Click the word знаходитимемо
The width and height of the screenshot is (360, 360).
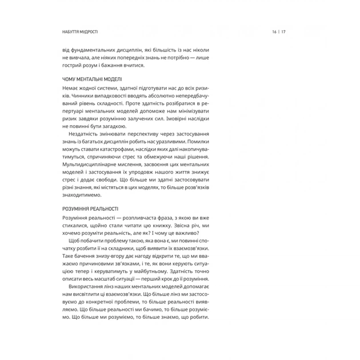[x=86, y=195]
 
